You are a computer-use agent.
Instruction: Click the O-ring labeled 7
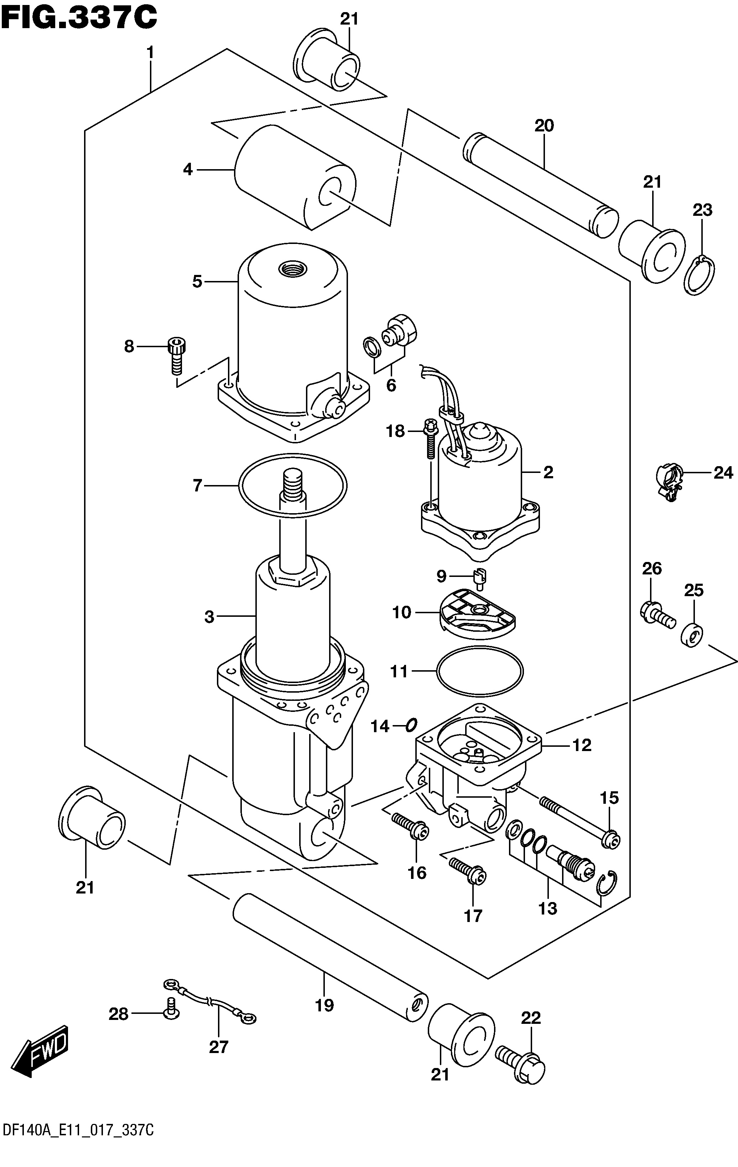coord(293,485)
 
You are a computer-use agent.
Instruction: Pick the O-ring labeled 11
coord(480,671)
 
